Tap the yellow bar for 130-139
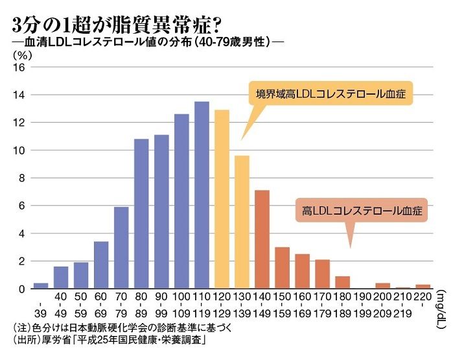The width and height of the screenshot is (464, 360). pyautogui.click(x=242, y=222)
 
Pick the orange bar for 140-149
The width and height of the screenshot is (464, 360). pyautogui.click(x=262, y=239)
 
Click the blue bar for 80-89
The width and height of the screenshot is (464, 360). pyautogui.click(x=141, y=213)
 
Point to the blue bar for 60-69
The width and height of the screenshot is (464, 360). pyautogui.click(x=101, y=265)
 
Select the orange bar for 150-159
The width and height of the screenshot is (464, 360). pyautogui.click(x=282, y=268)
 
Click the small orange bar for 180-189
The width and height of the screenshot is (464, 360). pyautogui.click(x=342, y=282)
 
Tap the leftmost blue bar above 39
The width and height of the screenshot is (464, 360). pyautogui.click(x=41, y=286)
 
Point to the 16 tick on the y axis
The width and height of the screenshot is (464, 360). pyautogui.click(x=19, y=67)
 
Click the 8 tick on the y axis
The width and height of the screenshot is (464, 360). pyautogui.click(x=21, y=178)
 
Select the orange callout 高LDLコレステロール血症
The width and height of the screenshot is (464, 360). pyautogui.click(x=357, y=211)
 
